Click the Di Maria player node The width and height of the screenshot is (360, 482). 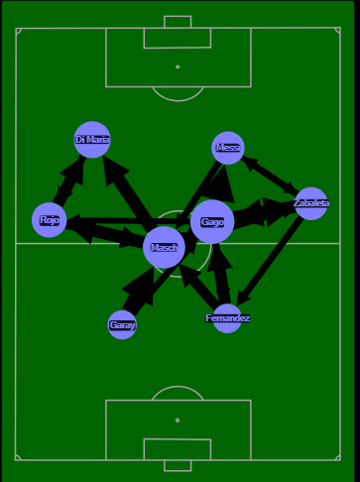pyautogui.click(x=92, y=140)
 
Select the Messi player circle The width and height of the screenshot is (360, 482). pyautogui.click(x=228, y=148)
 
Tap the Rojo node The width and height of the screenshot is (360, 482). pyautogui.click(x=50, y=220)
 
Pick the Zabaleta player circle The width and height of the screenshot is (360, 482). pyautogui.click(x=310, y=203)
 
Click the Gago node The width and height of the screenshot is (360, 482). pyautogui.click(x=212, y=222)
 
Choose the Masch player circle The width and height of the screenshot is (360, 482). pyautogui.click(x=164, y=248)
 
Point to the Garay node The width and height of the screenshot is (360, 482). pyautogui.click(x=122, y=324)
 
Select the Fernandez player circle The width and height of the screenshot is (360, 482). pyautogui.click(x=227, y=318)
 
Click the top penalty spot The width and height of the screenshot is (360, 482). pyautogui.click(x=178, y=67)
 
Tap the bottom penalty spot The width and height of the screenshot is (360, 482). pyautogui.click(x=178, y=421)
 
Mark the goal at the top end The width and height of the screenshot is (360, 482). pyautogui.click(x=178, y=22)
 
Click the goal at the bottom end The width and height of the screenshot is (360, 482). pyautogui.click(x=178, y=465)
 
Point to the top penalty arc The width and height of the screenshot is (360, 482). pyautogui.click(x=178, y=95)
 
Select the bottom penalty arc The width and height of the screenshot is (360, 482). pyautogui.click(x=178, y=392)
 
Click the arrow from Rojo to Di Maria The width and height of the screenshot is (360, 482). pyautogui.click(x=67, y=183)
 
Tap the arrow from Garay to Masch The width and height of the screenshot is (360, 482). pyautogui.click(x=140, y=290)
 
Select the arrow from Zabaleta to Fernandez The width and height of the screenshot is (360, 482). pyautogui.click(x=269, y=261)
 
